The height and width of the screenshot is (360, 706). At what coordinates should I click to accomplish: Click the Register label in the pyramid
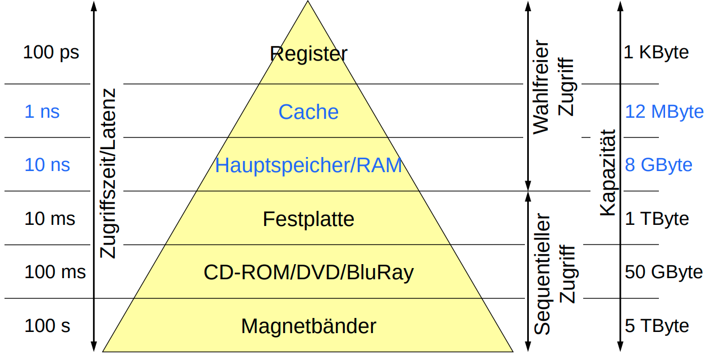coord(308,54)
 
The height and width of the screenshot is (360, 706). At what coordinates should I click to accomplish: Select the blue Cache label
coord(308,112)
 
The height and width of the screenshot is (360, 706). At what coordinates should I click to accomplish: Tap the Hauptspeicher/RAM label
coord(308,165)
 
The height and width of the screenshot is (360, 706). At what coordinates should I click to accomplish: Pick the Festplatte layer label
coord(308,219)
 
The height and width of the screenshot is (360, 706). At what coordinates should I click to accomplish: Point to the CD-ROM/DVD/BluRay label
coord(308,273)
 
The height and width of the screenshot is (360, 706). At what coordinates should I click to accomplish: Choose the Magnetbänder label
coord(308,326)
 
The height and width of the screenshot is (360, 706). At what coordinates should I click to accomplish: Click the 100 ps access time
coord(51,53)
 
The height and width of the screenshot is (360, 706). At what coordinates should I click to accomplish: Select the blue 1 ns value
coord(42,112)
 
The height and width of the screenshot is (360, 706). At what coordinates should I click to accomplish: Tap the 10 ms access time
coord(50,219)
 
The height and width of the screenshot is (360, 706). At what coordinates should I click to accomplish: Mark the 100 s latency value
coord(48,326)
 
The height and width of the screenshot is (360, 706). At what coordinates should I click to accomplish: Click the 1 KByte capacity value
coord(657,53)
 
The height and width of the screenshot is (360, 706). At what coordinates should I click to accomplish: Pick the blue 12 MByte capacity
coord(664,112)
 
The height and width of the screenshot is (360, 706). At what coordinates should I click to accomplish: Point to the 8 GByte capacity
coord(658,165)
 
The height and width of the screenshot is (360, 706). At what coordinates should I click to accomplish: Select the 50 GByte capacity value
coord(663,273)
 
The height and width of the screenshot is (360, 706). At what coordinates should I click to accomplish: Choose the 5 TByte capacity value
coord(657,326)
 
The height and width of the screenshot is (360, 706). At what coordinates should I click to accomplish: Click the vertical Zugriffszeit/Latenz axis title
coord(108,173)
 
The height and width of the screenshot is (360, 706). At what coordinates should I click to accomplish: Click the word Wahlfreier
coord(541,86)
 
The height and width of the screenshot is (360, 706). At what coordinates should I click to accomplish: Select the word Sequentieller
coord(542,274)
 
